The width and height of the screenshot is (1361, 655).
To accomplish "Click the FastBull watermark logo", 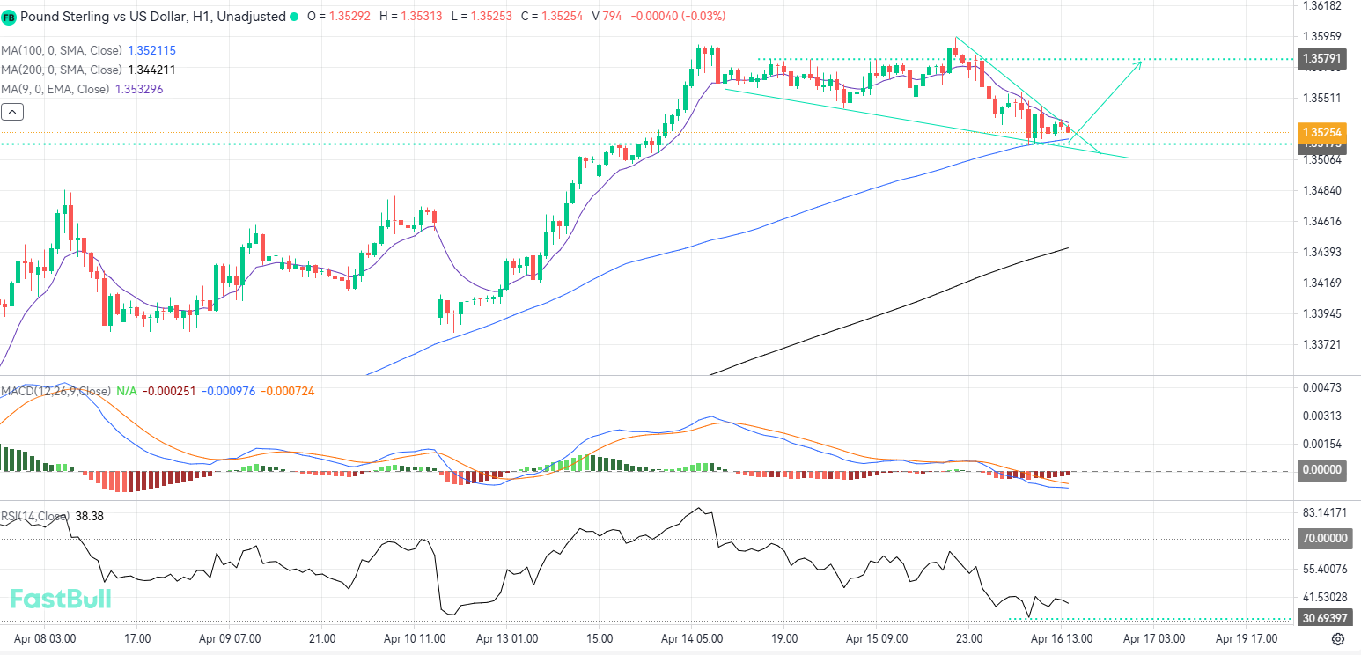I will point(60,600).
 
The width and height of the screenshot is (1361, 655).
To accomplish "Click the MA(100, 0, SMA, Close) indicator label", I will point(62,51).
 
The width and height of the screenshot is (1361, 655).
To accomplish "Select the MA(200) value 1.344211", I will point(151,70).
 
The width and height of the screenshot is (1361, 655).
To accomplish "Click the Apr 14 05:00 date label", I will point(691,638).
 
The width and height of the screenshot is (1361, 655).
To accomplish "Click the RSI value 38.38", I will point(90,516).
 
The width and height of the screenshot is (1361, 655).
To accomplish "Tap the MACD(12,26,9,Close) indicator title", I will point(56,391).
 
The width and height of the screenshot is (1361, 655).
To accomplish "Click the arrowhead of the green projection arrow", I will point(1140,63).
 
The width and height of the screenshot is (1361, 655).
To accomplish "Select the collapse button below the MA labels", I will point(12,112).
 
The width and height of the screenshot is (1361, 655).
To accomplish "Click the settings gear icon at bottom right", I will point(1338,639).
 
